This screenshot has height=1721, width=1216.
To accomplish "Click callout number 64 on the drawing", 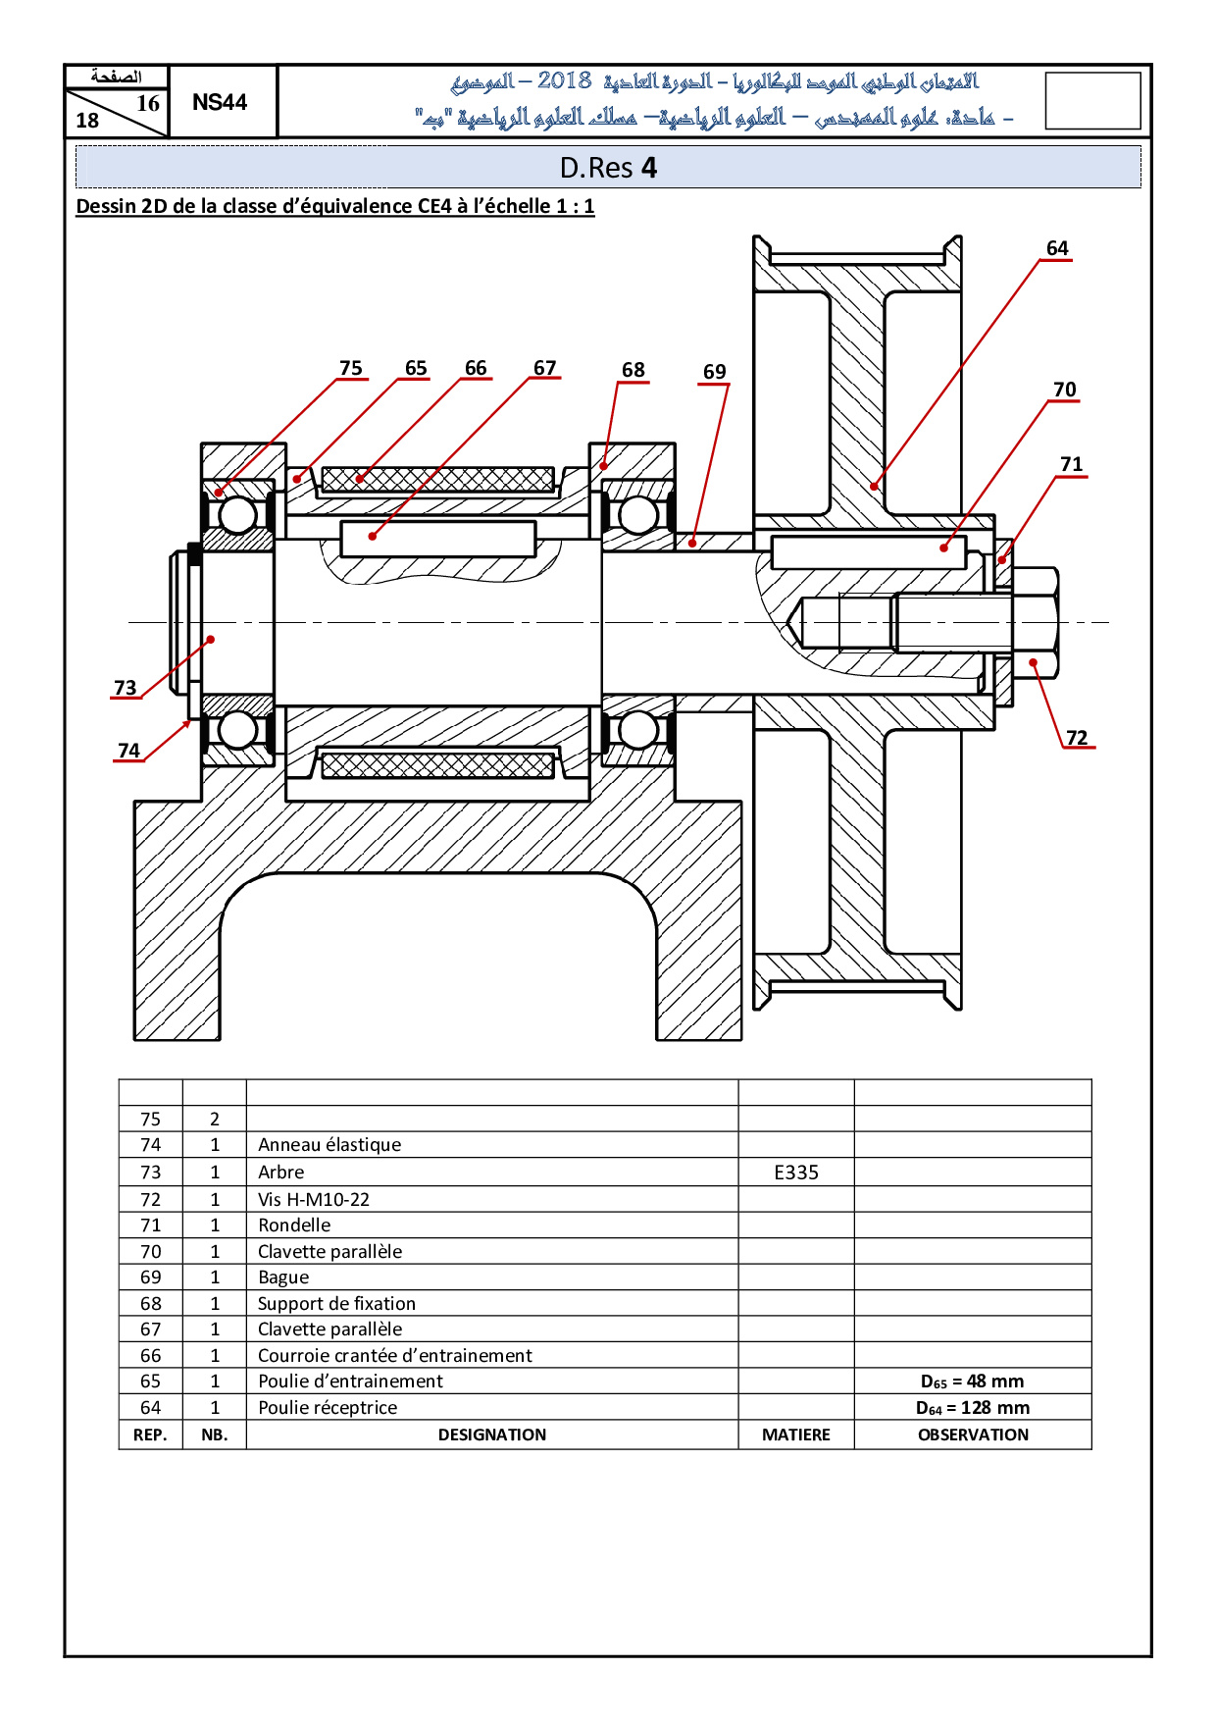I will (x=1056, y=248).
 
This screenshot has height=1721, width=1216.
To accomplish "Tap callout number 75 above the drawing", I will (x=350, y=368).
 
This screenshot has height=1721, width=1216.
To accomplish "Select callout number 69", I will (x=714, y=372).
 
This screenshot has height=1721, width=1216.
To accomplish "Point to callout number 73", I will (x=126, y=688).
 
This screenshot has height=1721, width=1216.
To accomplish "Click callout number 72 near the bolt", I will (x=1077, y=738).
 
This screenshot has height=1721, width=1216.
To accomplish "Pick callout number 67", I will (x=544, y=368).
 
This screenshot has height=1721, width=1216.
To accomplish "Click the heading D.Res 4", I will (x=608, y=168).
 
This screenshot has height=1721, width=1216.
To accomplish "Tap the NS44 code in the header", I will (x=220, y=102).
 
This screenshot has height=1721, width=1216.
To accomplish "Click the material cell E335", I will (x=795, y=1173).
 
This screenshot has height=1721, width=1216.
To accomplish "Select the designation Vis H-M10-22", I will (x=314, y=1199).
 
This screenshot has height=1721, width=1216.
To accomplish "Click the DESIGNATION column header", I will (x=491, y=1434).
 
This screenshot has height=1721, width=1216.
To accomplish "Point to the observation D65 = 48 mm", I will (x=972, y=1382).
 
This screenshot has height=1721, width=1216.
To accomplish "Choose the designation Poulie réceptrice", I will (x=328, y=1407).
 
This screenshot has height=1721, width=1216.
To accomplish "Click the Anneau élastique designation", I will (x=329, y=1145).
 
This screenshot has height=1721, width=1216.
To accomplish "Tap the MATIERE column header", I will (x=795, y=1434).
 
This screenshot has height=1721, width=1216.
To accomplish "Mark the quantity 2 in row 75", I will (x=215, y=1120).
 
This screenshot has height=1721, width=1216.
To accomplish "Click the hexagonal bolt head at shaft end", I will (x=1035, y=622).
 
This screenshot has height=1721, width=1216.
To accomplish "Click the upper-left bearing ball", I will (x=237, y=514).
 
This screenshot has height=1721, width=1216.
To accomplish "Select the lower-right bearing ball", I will (x=638, y=730).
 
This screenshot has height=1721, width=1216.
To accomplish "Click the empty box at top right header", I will (x=1092, y=100).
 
